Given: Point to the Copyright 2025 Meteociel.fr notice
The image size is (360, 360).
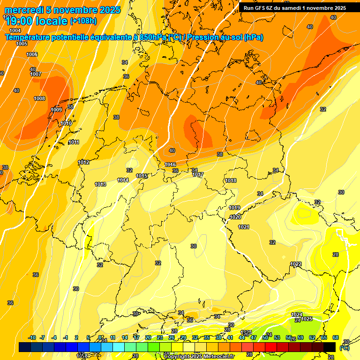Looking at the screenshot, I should point(199,356).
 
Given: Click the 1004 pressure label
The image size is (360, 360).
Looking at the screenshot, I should point(15,30).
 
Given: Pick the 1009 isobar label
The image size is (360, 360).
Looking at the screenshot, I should point(56,110).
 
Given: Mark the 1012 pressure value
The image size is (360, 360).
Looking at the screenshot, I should point(83,162).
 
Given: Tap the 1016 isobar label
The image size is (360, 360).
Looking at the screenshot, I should point(170,165).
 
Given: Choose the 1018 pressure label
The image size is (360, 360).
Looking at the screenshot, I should point(231,180).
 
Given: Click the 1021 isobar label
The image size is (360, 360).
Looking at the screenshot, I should point(244,227).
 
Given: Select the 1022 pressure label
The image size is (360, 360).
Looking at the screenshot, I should point(296,264).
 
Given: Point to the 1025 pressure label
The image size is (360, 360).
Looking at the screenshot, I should point(307,319).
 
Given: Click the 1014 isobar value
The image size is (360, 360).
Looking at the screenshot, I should point(123,180).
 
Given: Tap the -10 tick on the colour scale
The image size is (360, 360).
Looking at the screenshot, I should point(32,337).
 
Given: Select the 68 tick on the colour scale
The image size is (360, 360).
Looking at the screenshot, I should point(336,337).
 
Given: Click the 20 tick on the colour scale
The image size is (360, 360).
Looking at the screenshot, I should point(148,337).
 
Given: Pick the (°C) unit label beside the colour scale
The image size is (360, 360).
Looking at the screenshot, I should point(344,348).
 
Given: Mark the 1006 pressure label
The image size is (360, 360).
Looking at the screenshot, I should point(32,54).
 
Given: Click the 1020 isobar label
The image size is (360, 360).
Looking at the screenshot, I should point(235,217).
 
